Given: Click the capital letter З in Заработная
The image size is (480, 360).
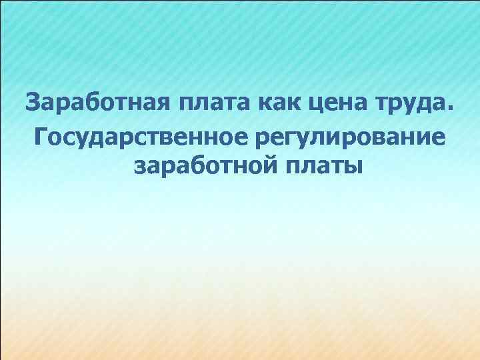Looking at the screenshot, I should pyautogui.click(x=33, y=104).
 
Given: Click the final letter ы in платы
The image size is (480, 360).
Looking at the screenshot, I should pyautogui.click(x=353, y=166).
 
